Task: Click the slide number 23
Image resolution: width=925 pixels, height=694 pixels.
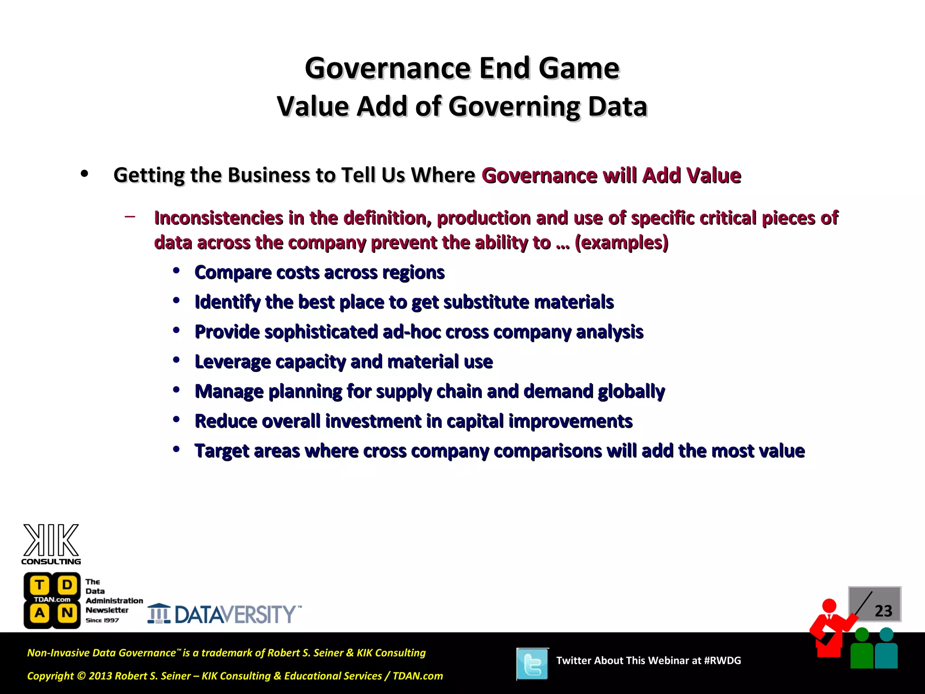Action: [x=883, y=611]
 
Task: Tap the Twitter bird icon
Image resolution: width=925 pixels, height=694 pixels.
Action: [x=533, y=664]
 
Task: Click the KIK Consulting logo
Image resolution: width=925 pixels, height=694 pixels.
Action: [x=51, y=544]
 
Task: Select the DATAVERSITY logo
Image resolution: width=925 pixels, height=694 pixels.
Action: [x=224, y=614]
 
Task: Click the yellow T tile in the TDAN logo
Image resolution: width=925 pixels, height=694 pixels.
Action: [x=40, y=585]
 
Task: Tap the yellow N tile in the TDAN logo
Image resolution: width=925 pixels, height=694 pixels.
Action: [x=67, y=613]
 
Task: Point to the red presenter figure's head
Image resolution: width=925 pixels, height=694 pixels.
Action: [x=829, y=605]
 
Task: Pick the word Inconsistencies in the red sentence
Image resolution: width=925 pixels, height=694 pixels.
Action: [x=219, y=218]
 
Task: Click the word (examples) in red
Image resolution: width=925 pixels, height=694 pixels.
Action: [x=621, y=243]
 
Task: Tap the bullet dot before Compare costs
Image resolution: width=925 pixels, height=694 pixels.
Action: [x=177, y=271]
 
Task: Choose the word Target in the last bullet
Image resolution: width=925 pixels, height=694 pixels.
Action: [x=222, y=451]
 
